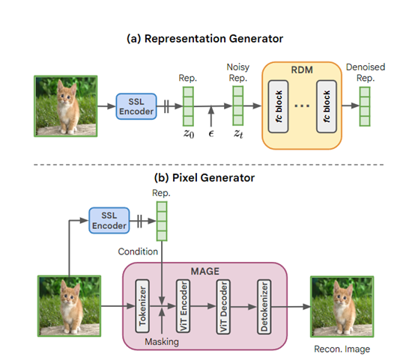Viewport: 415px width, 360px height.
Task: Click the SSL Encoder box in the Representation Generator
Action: [136, 106]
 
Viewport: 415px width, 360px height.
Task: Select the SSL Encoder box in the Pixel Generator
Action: [109, 221]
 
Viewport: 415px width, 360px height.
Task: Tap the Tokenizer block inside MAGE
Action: [142, 306]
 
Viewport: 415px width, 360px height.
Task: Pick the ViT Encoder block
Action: [183, 306]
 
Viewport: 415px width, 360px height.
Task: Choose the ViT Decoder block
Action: [223, 307]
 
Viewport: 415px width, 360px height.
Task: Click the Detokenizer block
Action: [264, 307]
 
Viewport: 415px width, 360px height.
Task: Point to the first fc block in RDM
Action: [278, 106]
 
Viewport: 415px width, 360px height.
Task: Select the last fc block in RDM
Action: [327, 106]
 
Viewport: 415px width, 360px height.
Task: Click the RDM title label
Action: [302, 70]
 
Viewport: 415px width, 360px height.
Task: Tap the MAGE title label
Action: [205, 271]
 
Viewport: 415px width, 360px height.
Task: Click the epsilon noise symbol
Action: [211, 134]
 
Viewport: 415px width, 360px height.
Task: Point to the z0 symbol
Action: [189, 133]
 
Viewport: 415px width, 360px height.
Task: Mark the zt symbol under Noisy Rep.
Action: [238, 133]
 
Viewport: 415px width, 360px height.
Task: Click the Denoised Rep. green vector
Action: [365, 106]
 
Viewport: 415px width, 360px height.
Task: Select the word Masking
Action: [162, 342]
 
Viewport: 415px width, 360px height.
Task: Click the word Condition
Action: [138, 251]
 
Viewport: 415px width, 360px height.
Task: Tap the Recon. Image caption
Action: [342, 350]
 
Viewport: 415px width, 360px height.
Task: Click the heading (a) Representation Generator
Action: [205, 39]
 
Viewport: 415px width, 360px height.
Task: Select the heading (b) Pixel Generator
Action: [205, 177]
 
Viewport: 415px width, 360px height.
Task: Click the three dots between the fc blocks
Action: [302, 106]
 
